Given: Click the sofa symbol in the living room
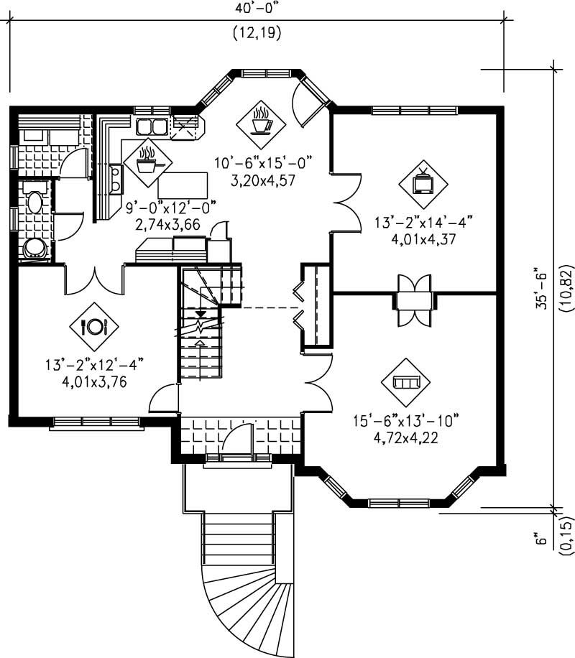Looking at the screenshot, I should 407,381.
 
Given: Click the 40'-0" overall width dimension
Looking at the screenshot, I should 256,8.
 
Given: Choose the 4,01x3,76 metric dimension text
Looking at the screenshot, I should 94,381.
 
